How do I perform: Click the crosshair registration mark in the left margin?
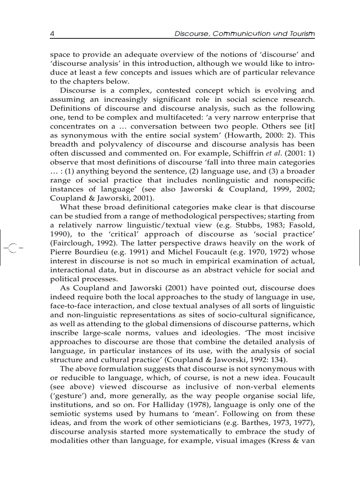(x=12, y=249)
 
